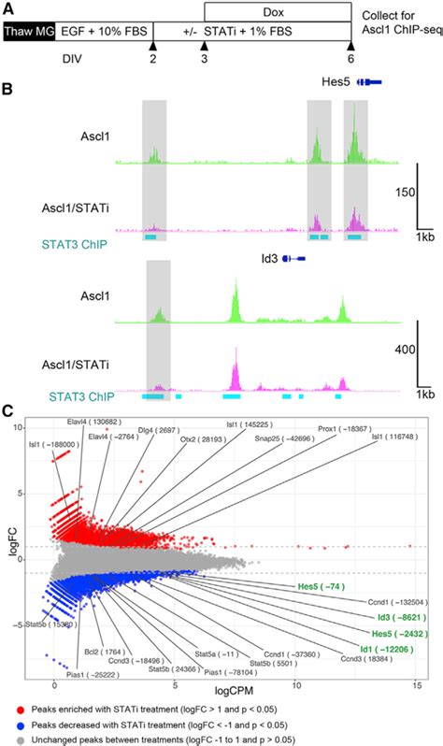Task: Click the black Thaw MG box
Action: point(29,31)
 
